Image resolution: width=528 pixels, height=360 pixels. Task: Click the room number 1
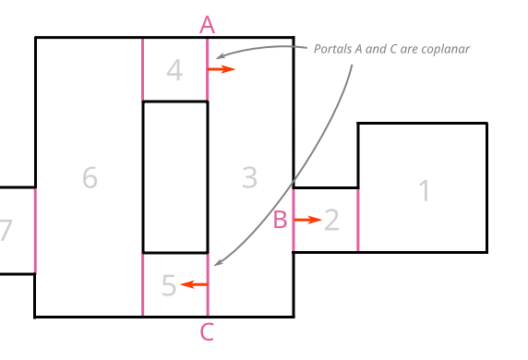pyautogui.click(x=425, y=191)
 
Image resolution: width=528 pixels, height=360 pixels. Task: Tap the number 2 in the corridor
pyautogui.click(x=332, y=220)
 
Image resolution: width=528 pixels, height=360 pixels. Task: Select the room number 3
pyautogui.click(x=249, y=177)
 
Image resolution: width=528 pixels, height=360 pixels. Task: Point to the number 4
pyautogui.click(x=175, y=70)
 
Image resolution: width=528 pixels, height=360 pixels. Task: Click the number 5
pyautogui.click(x=169, y=285)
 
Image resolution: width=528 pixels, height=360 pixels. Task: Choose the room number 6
pyautogui.click(x=90, y=177)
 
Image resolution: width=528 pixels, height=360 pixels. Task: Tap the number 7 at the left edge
pyautogui.click(x=6, y=231)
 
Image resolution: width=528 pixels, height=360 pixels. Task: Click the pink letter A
pyautogui.click(x=207, y=24)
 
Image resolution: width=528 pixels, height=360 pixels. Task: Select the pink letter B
pyautogui.click(x=281, y=221)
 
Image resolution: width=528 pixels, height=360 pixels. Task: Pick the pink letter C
pyautogui.click(x=207, y=332)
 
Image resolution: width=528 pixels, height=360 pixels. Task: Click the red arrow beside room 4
pyautogui.click(x=222, y=69)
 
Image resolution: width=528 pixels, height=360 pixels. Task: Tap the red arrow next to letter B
pyautogui.click(x=308, y=220)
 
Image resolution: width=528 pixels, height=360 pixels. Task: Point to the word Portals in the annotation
pyautogui.click(x=332, y=49)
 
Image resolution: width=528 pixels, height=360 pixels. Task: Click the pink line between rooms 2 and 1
pyautogui.click(x=358, y=220)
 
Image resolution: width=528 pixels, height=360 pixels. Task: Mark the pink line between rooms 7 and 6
pyautogui.click(x=35, y=231)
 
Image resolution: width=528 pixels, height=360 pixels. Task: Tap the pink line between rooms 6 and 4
pyautogui.click(x=143, y=70)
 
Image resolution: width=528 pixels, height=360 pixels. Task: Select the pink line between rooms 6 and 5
pyautogui.click(x=143, y=284)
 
